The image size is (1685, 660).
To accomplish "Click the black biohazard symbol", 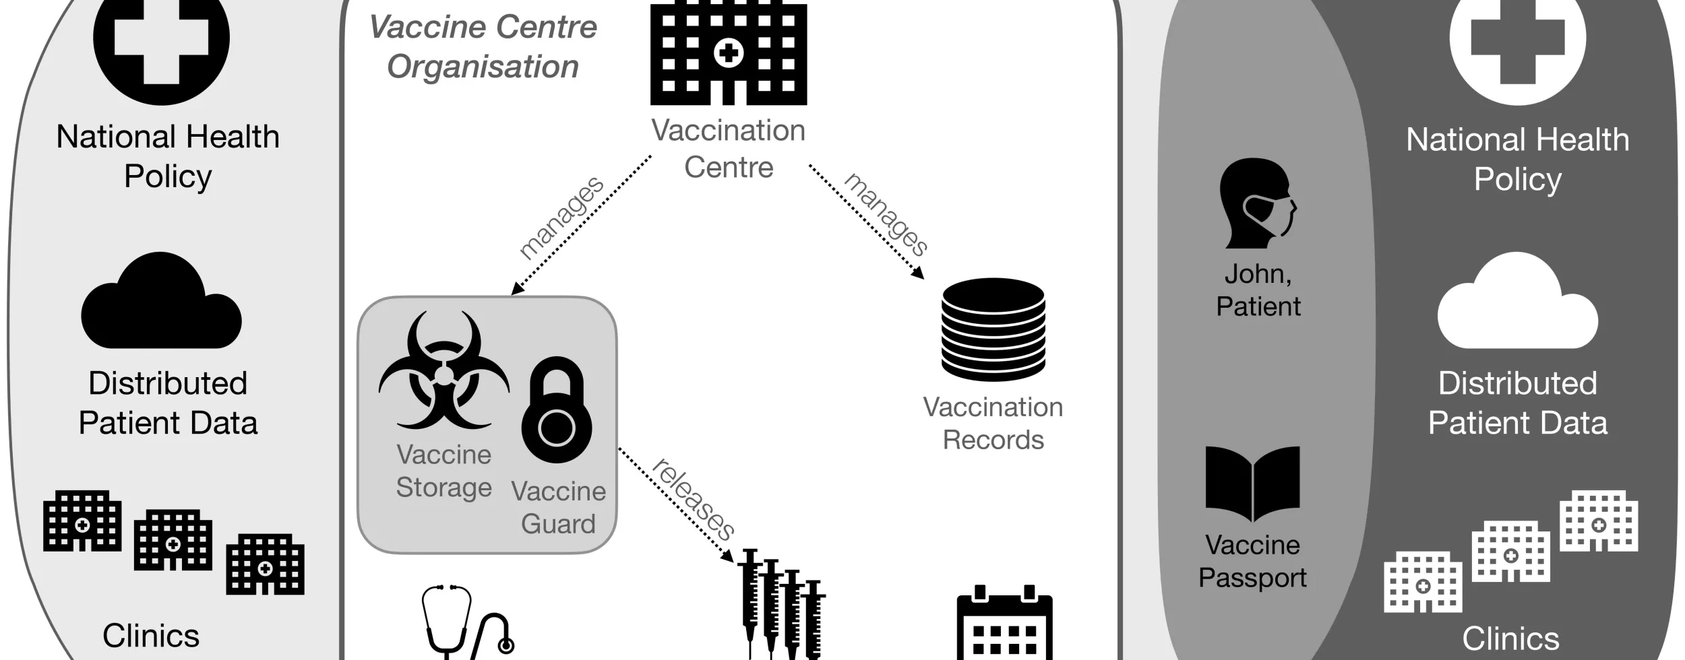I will point(443,370).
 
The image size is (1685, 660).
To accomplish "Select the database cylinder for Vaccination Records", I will point(993,330).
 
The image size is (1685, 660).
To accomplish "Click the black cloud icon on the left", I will point(161,303).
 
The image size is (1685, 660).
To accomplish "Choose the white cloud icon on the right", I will point(1517,303).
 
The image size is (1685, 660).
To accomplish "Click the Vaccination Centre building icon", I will point(728,54).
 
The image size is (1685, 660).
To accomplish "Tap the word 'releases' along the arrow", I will point(693,499).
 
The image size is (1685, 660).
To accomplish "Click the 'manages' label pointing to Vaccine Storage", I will point(561,218).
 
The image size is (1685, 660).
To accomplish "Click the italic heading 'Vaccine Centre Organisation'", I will point(483,47).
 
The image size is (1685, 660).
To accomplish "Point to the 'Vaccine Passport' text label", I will point(1252,561).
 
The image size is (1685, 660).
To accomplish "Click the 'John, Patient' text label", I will point(1258,290).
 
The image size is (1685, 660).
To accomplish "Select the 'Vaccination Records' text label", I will point(993,423).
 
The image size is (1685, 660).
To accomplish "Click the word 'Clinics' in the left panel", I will point(151,635).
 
